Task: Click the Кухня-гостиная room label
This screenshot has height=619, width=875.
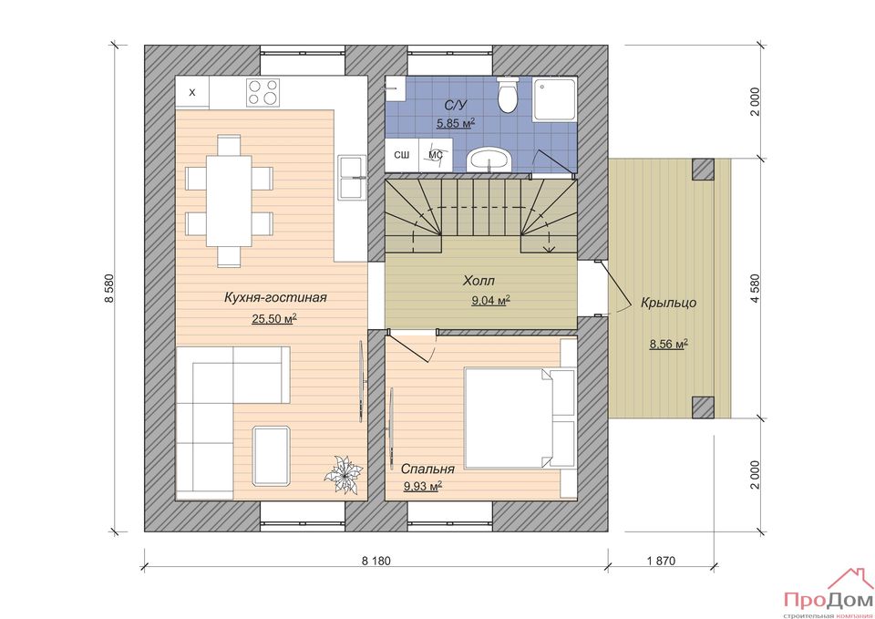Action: coord(275,297)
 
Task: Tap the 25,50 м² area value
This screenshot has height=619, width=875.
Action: coord(274,319)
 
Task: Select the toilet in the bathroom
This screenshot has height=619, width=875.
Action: coord(508,94)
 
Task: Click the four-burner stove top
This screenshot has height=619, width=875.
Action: coord(262,92)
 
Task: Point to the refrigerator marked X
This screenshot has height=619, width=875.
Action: coord(192,92)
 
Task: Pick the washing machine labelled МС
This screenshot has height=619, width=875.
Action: coord(436,155)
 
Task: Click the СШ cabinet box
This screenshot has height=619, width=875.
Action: coord(402,155)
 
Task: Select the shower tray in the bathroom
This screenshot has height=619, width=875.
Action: coord(554,99)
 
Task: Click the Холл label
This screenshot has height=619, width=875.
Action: coord(479,281)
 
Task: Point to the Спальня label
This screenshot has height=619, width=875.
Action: coord(427,469)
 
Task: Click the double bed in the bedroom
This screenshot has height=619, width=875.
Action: coord(520,418)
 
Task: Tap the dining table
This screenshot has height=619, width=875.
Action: coord(230,201)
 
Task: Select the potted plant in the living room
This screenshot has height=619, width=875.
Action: coord(343,474)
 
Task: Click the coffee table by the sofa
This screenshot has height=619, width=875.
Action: coord(272,456)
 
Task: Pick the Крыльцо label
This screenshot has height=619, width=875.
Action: coord(668,303)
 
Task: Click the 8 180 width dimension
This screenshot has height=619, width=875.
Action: coord(376,561)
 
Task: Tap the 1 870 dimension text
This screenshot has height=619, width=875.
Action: coord(662,561)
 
